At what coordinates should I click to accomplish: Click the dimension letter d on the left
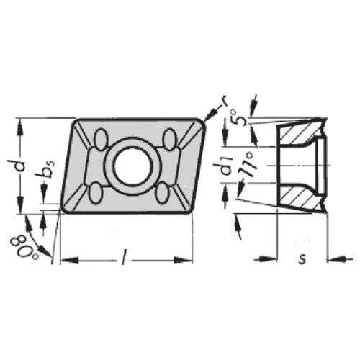tap(21, 165)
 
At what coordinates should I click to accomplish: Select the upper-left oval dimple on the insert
tap(100, 138)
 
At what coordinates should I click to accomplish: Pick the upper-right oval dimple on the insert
tap(171, 138)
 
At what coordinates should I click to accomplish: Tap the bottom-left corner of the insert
tap(64, 210)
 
